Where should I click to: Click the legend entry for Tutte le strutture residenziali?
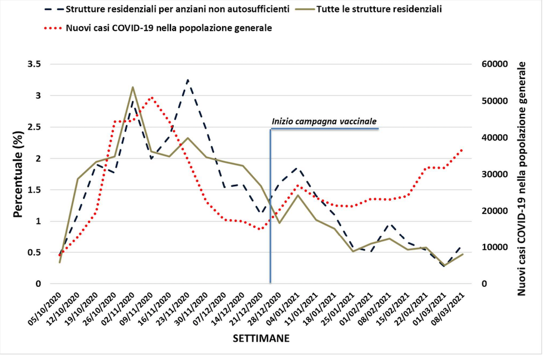pyautogui.click(x=384, y=10)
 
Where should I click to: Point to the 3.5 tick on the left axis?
pyautogui.click(x=34, y=64)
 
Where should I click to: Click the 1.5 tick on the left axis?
pyautogui.click(x=34, y=190)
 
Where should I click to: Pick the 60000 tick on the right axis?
pyautogui.click(x=493, y=64)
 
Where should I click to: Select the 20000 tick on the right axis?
pyautogui.click(x=493, y=211)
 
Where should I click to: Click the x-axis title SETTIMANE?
pyautogui.click(x=260, y=338)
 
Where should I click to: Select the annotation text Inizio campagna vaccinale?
pyautogui.click(x=324, y=121)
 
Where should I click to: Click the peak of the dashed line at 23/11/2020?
pyautogui.click(x=188, y=80)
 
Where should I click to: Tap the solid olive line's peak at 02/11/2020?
pyautogui.click(x=133, y=87)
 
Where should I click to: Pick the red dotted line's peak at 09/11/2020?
pyautogui.click(x=152, y=97)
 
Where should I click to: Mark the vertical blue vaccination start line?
pyautogui.click(x=270, y=222)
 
